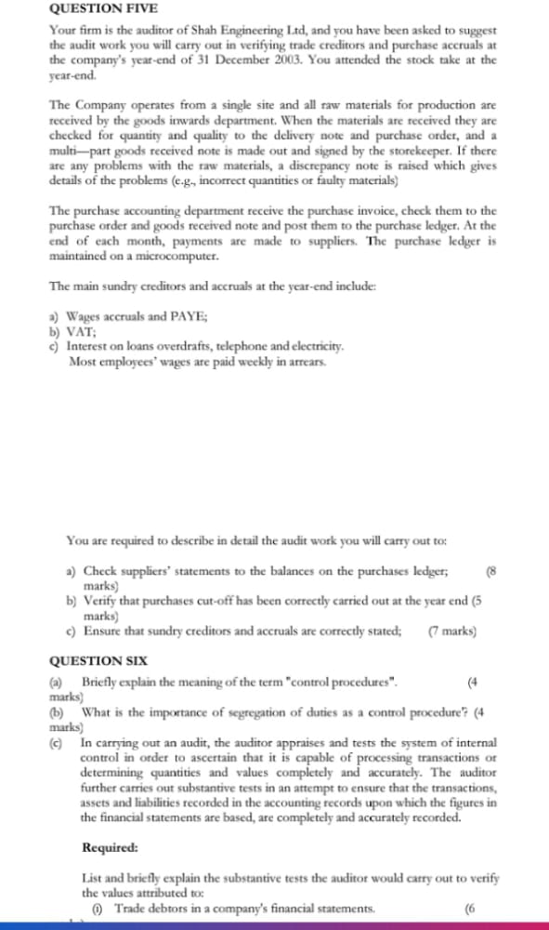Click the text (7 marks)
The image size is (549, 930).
(452, 630)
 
